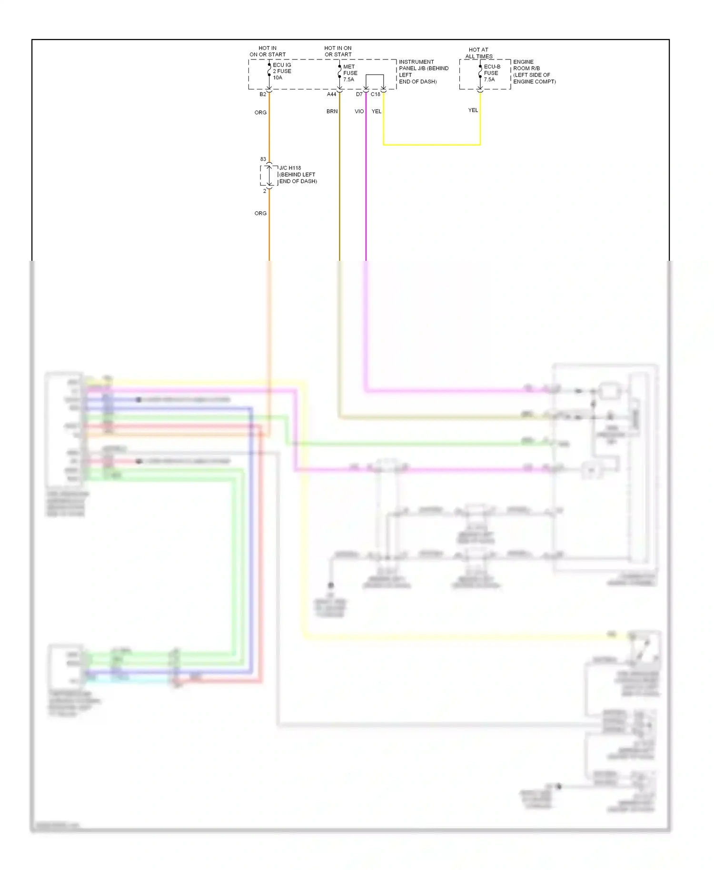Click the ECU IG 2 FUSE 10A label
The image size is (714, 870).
pos(282,71)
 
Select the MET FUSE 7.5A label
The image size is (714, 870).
pos(350,73)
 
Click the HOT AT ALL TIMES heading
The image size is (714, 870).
pos(478,53)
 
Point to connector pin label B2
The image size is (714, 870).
pos(263,94)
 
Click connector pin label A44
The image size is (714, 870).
pos(331,94)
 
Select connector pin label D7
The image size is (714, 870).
pos(359,94)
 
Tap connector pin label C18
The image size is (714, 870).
pos(376,94)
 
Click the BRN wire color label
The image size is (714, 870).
pos(332,111)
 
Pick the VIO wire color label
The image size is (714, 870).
pos(359,111)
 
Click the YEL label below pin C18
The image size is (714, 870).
pos(377,111)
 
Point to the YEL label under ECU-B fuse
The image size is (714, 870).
pos(473,110)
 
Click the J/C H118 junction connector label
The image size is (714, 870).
pos(297,174)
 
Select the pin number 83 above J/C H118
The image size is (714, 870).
pos(263,159)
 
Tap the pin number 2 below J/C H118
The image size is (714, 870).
pos(265,191)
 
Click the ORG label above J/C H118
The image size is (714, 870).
pos(260,112)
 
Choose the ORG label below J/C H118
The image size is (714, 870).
pos(260,213)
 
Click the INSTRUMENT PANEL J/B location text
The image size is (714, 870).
pos(423,71)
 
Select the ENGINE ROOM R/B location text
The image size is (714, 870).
pos(534,71)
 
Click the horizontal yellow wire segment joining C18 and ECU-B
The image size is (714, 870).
pos(431,145)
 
